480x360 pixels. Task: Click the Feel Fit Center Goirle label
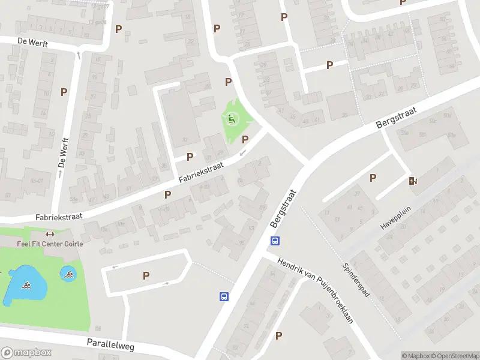coord(49,244)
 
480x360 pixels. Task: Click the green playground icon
coord(232,119)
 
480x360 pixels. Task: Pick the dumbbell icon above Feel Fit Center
coord(50,235)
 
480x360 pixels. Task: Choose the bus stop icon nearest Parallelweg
coord(223,296)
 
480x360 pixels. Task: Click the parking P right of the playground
coord(245,139)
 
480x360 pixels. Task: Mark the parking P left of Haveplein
coord(373,178)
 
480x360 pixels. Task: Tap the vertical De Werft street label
coord(61,153)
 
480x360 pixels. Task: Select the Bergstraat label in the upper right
coord(396,114)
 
